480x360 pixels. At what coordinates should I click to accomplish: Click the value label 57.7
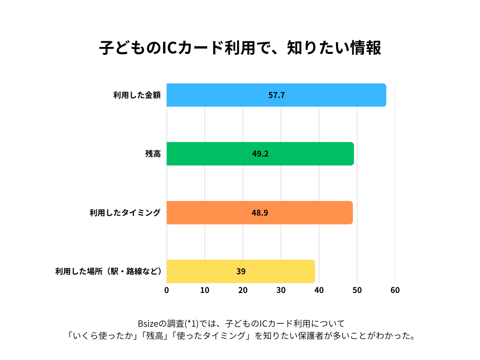pos(277,95)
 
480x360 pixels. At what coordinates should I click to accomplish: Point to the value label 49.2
pos(260,154)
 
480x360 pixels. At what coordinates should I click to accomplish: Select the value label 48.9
pos(260,212)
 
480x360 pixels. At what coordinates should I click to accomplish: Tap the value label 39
pos(241,271)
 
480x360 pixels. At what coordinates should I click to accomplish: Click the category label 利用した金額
pos(137,95)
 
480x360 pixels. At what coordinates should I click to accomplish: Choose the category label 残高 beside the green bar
pos(153,154)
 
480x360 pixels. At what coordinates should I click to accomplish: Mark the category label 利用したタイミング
pos(125,212)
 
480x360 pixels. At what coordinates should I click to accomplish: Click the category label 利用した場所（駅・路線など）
pos(108,271)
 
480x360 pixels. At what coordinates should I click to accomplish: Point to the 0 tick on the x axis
pos(167,290)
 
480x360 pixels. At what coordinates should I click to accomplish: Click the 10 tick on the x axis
pos(205,290)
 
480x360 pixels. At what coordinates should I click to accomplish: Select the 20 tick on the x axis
pos(243,290)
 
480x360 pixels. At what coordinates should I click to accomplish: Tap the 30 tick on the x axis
pos(281,290)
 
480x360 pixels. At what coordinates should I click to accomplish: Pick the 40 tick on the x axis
pos(319,290)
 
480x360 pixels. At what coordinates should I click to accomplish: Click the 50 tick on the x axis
pos(357,290)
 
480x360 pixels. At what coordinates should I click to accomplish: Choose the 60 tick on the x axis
pos(395,290)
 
